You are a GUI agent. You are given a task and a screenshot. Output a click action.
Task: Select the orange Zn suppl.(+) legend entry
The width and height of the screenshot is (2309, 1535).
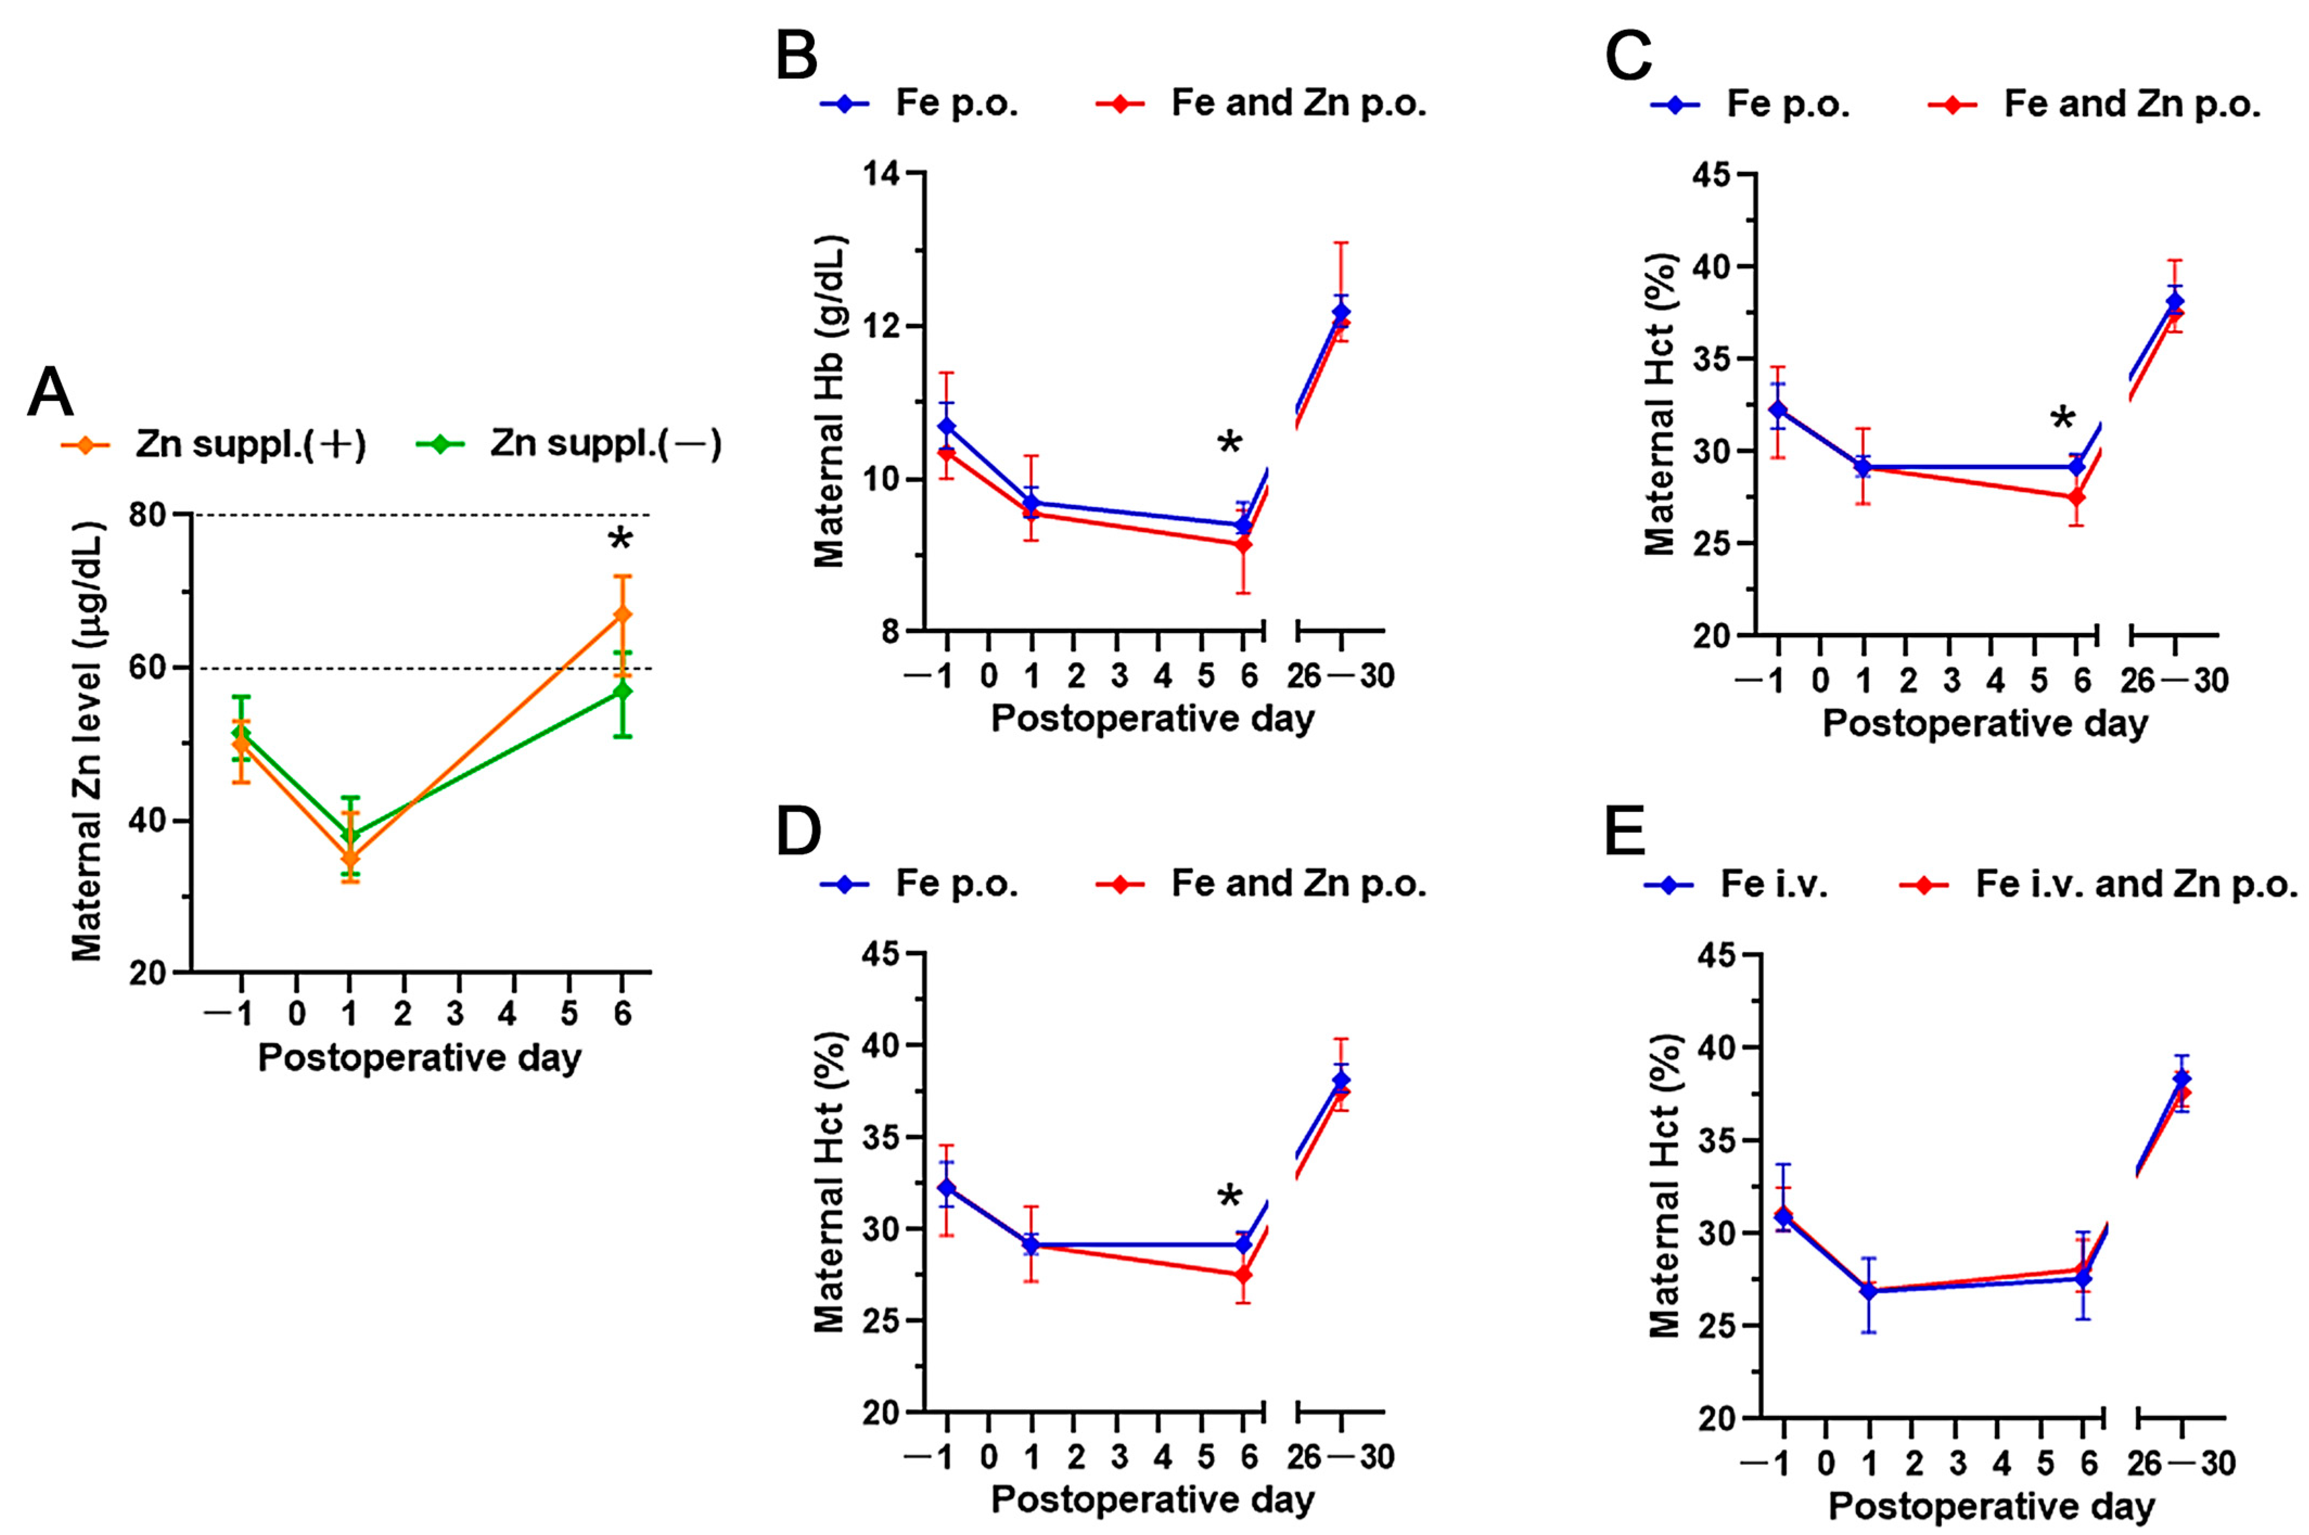click(x=213, y=444)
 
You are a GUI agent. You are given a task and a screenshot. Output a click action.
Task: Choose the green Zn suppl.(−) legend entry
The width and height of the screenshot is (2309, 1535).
click(x=570, y=444)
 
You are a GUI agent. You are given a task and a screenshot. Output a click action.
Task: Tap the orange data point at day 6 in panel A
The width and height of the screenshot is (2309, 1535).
click(x=622, y=614)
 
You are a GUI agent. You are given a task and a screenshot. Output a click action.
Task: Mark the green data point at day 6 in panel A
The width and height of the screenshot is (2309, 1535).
click(x=622, y=691)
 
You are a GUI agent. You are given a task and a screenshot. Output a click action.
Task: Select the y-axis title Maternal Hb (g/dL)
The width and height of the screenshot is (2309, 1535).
click(x=829, y=401)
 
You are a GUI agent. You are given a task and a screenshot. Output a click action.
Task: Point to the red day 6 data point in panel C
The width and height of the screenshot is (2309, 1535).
click(x=2075, y=497)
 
